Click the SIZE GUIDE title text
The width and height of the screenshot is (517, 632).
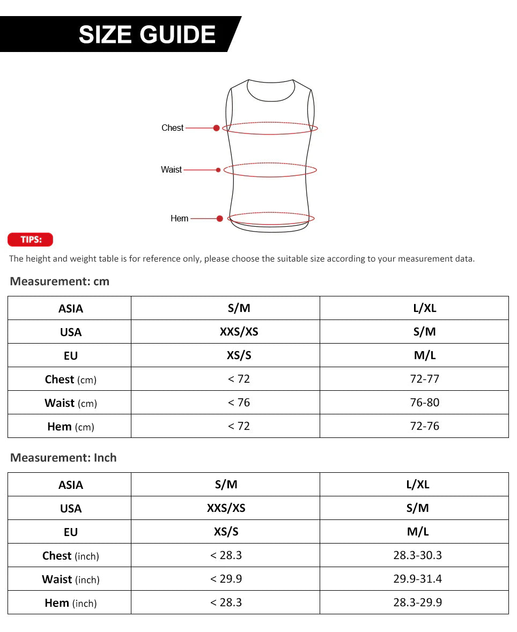pos(147,35)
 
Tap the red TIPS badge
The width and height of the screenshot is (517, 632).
pos(31,240)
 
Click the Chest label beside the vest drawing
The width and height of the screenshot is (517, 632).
pos(172,128)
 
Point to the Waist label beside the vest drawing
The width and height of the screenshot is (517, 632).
pos(171,169)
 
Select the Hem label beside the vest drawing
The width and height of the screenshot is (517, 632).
pos(179,218)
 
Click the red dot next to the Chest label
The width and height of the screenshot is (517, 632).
pos(216,128)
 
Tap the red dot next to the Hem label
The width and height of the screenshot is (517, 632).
pos(220,219)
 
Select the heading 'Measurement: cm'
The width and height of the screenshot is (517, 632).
pos(60,281)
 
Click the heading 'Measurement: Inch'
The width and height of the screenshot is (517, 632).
pos(63,458)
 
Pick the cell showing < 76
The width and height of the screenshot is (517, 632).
pos(239,403)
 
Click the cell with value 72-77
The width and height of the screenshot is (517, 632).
pos(424,379)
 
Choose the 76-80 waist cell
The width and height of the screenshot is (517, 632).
pos(424,403)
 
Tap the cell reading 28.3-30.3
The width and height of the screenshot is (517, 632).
pos(417,555)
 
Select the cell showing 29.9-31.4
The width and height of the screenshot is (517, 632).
pos(417,579)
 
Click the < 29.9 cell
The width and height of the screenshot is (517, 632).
pos(226,579)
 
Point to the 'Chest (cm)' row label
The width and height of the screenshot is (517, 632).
pos(70,380)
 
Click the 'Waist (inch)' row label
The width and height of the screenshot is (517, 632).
pos(70,579)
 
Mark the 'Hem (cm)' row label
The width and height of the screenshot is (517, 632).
pos(70,427)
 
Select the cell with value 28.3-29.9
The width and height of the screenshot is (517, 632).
pos(417,603)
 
